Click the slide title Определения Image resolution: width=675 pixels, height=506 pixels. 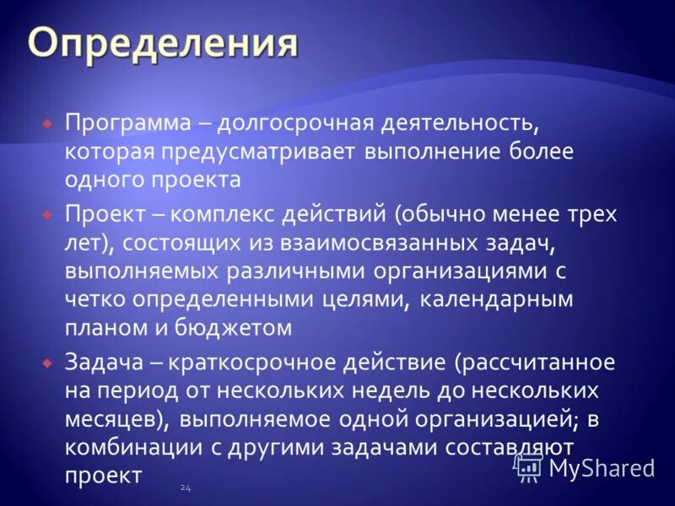tap(163, 44)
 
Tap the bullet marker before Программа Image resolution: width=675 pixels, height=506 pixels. tap(49, 123)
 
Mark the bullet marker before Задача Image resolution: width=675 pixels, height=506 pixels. tap(49, 363)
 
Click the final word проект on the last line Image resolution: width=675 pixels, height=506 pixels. tap(103, 476)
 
